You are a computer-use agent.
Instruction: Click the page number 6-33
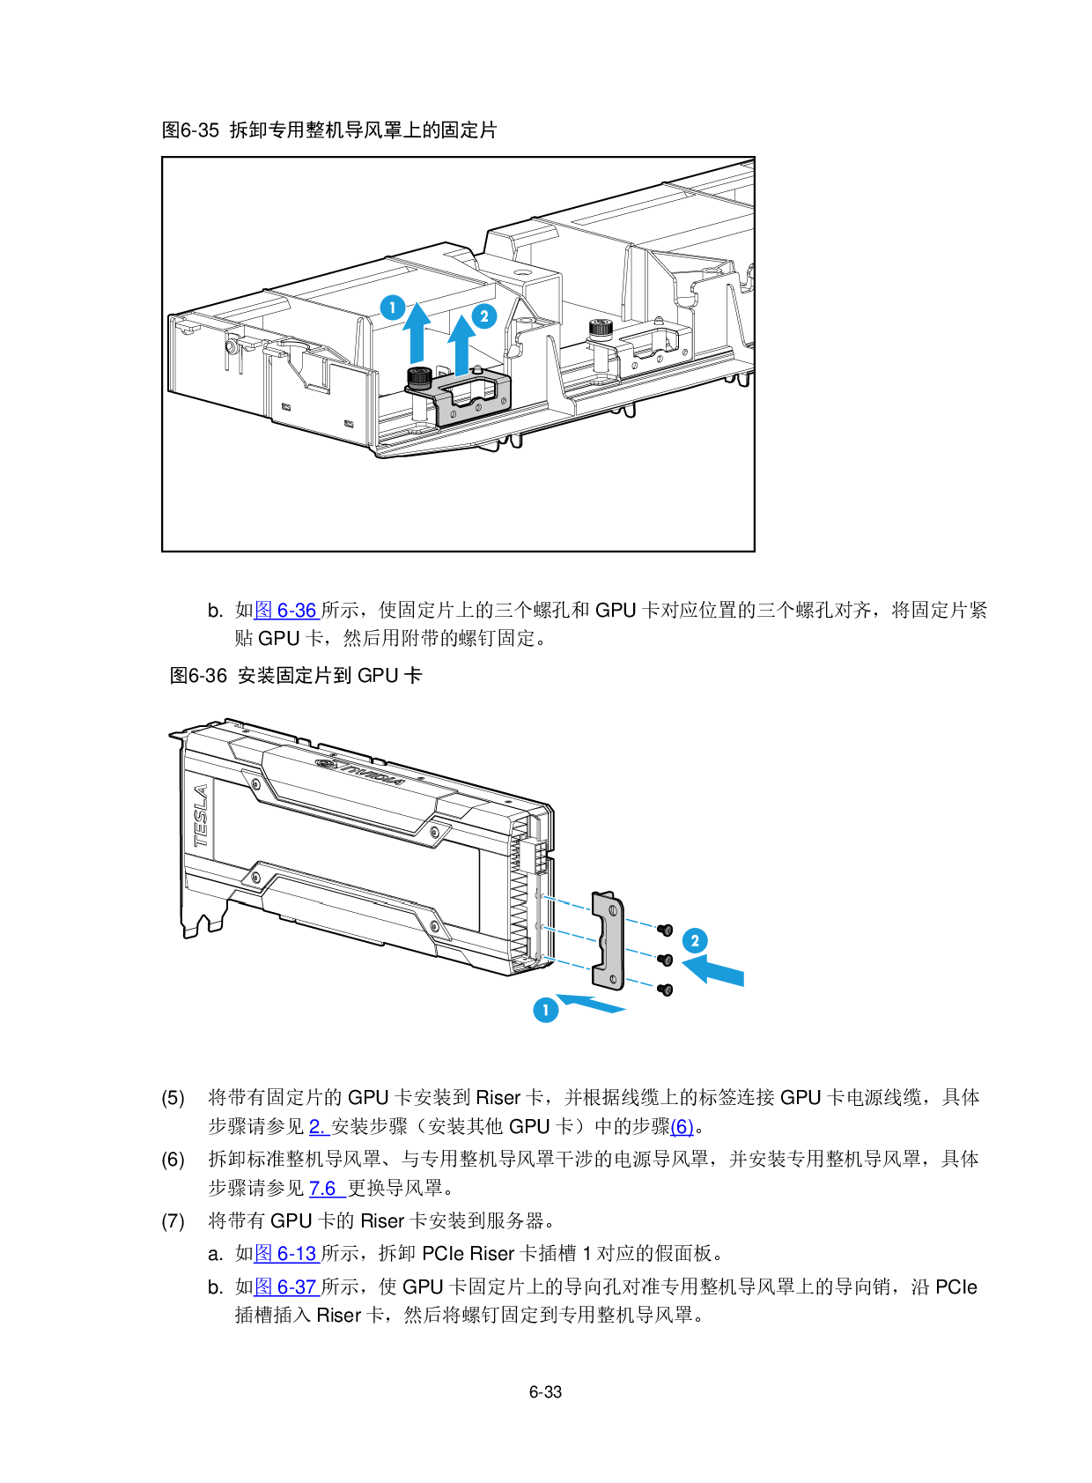click(x=545, y=1391)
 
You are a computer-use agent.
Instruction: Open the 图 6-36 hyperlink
click(x=286, y=610)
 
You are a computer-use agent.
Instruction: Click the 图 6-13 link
click(x=286, y=1253)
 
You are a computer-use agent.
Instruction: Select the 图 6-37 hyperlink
click(x=286, y=1287)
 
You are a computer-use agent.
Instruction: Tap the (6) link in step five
click(x=682, y=1126)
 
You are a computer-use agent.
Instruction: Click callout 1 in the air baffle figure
click(x=393, y=308)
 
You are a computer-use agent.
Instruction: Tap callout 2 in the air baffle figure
click(x=484, y=315)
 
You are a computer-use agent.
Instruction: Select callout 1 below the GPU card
click(x=546, y=1010)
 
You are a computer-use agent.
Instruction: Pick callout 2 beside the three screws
click(x=695, y=941)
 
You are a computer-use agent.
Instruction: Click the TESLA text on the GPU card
click(x=201, y=816)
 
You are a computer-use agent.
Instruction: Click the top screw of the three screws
click(x=665, y=930)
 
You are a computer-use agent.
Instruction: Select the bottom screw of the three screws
click(x=665, y=990)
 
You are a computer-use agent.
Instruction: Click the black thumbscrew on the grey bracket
click(x=418, y=377)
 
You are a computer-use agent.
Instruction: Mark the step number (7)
click(x=173, y=1220)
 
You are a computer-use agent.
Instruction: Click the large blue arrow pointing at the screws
click(x=713, y=970)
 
